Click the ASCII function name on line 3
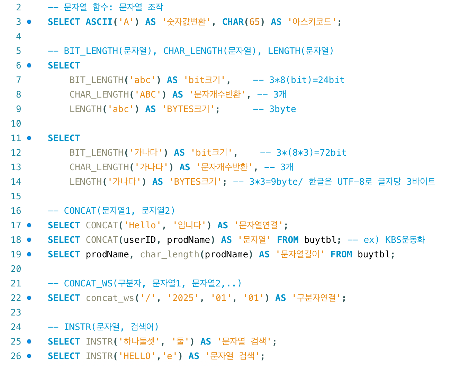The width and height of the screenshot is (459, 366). pos(99,22)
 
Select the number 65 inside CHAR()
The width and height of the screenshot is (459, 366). pos(254,22)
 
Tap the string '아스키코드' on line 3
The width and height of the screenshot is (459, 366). pos(312,22)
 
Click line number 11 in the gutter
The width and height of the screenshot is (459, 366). pos(16,138)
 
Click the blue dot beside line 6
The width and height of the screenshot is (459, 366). pos(29,65)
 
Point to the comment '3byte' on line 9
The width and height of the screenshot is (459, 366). pos(282,109)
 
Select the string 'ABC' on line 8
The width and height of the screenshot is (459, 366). pos(150,94)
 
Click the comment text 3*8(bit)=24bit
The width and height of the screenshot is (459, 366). pos(307,80)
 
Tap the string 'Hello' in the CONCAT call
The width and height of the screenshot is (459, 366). pos(143,225)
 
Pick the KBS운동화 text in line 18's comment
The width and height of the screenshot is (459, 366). pos(405,240)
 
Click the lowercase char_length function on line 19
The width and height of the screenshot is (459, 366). pos(170,254)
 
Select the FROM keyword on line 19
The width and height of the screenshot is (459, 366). pos(341,254)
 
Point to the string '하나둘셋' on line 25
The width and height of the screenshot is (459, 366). pos(139,341)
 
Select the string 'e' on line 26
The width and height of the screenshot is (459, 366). pos(169,356)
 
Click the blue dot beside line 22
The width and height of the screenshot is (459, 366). pos(29,298)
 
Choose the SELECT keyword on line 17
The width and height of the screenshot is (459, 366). pos(64,225)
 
